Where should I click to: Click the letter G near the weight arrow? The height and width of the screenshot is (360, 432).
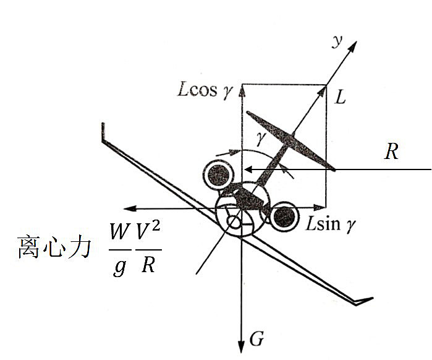(x=256, y=338)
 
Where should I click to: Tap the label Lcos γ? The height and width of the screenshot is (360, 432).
(x=206, y=90)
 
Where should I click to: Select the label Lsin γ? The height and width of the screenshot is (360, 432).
(x=331, y=223)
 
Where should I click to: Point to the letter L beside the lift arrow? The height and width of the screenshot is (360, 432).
(x=341, y=97)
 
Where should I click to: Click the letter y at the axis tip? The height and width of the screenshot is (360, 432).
(x=337, y=41)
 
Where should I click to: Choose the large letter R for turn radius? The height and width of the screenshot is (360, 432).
(x=391, y=152)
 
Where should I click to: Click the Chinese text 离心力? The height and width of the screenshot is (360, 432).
(x=54, y=247)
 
